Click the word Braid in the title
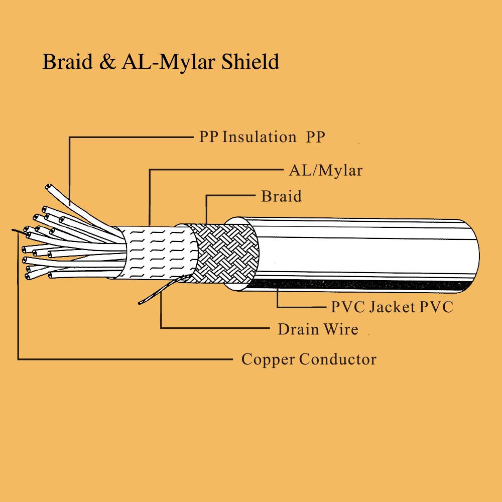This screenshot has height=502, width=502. tap(67, 62)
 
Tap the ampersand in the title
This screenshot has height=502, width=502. tap(106, 62)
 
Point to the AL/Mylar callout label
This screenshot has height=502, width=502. tap(325, 171)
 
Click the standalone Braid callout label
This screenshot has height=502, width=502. tap(281, 196)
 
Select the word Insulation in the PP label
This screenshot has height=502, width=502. tap(259, 137)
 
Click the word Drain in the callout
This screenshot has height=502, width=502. tap(298, 330)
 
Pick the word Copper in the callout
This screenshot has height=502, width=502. tap(268, 359)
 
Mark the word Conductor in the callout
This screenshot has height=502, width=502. tap(337, 359)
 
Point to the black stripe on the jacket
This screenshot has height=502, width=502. tap(361, 286)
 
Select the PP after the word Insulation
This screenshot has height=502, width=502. tap(315, 137)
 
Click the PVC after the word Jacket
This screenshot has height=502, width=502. tap(436, 307)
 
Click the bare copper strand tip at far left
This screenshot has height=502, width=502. tap(14, 230)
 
